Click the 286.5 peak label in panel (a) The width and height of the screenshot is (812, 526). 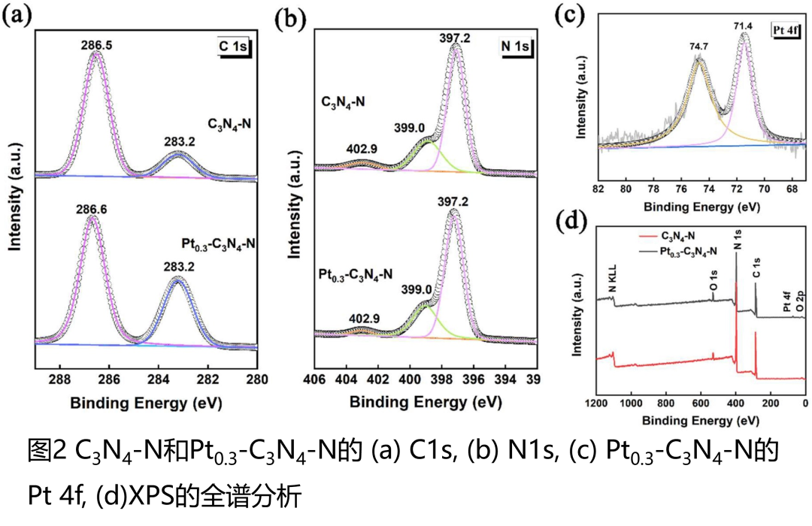95,45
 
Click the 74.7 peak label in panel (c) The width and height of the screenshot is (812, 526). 699,45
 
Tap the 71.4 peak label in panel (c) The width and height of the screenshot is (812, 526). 744,26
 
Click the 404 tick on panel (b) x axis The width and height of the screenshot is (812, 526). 346,378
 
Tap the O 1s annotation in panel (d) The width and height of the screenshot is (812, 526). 713,285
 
